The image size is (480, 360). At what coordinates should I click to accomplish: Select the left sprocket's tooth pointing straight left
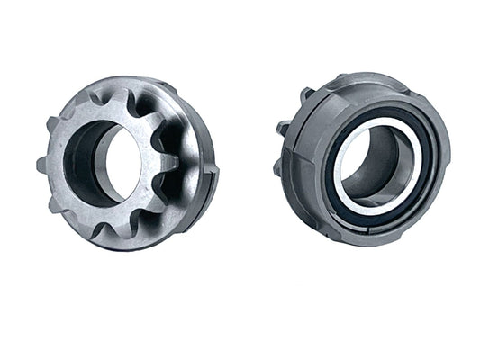(x=41, y=165)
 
